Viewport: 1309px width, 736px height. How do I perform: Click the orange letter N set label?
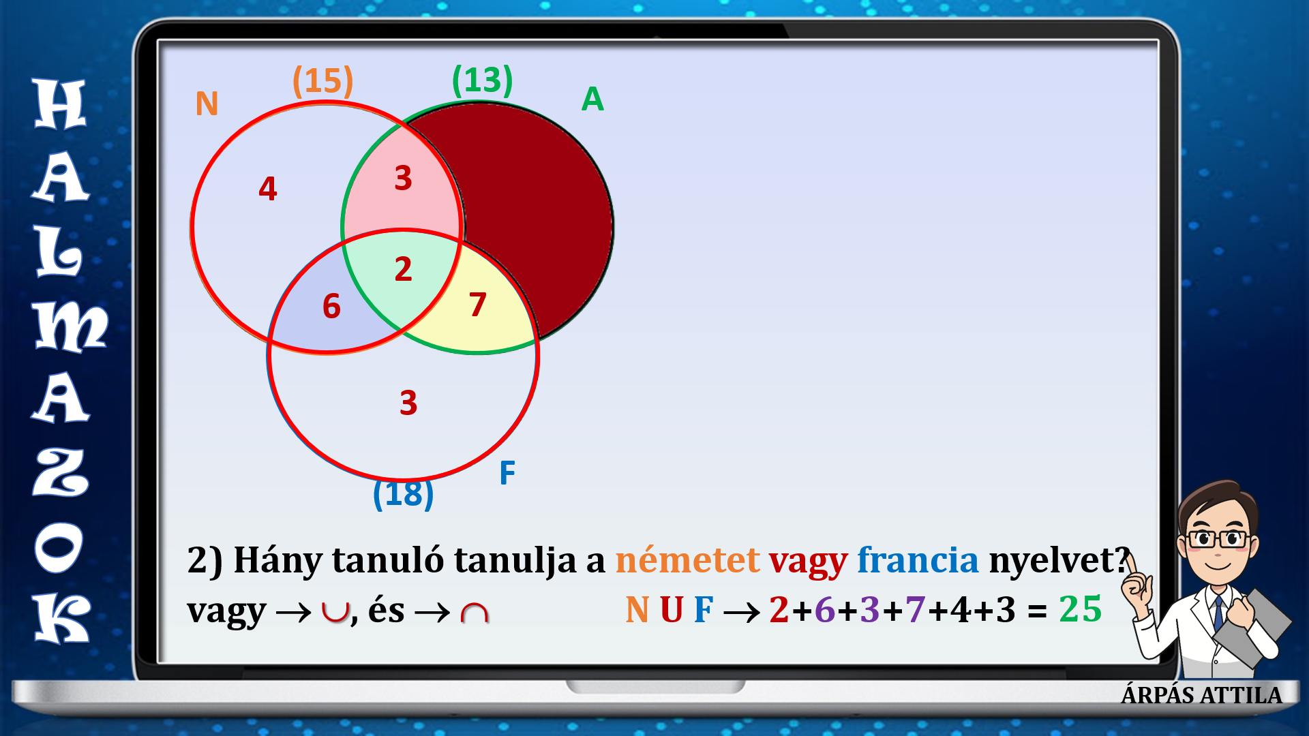pyautogui.click(x=207, y=104)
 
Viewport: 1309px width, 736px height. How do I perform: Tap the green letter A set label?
pyautogui.click(x=592, y=99)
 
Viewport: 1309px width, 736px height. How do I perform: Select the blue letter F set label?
pyautogui.click(x=507, y=473)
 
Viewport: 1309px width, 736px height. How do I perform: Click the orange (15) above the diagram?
pyautogui.click(x=323, y=81)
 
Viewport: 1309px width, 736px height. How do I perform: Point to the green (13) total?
pyautogui.click(x=482, y=80)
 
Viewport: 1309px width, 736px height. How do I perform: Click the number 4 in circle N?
pyautogui.click(x=268, y=189)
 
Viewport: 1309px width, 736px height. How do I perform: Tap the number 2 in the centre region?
pyautogui.click(x=403, y=269)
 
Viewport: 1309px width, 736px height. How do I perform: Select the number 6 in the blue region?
pyautogui.click(x=331, y=307)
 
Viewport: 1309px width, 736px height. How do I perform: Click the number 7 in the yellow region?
pyautogui.click(x=477, y=305)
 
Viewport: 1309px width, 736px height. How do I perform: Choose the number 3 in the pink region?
pyautogui.click(x=403, y=178)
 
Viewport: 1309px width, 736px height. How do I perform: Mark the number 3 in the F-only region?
pyautogui.click(x=408, y=403)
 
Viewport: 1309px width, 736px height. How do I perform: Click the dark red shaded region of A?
pyautogui.click(x=539, y=204)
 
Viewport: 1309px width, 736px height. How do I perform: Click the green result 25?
pyautogui.click(x=1081, y=609)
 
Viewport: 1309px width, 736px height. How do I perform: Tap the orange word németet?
pyautogui.click(x=687, y=560)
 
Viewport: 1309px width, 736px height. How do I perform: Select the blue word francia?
pyautogui.click(x=918, y=560)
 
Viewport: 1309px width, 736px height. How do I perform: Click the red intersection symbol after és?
pyautogui.click(x=475, y=613)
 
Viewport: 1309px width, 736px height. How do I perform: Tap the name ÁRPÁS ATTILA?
pyautogui.click(x=1202, y=695)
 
